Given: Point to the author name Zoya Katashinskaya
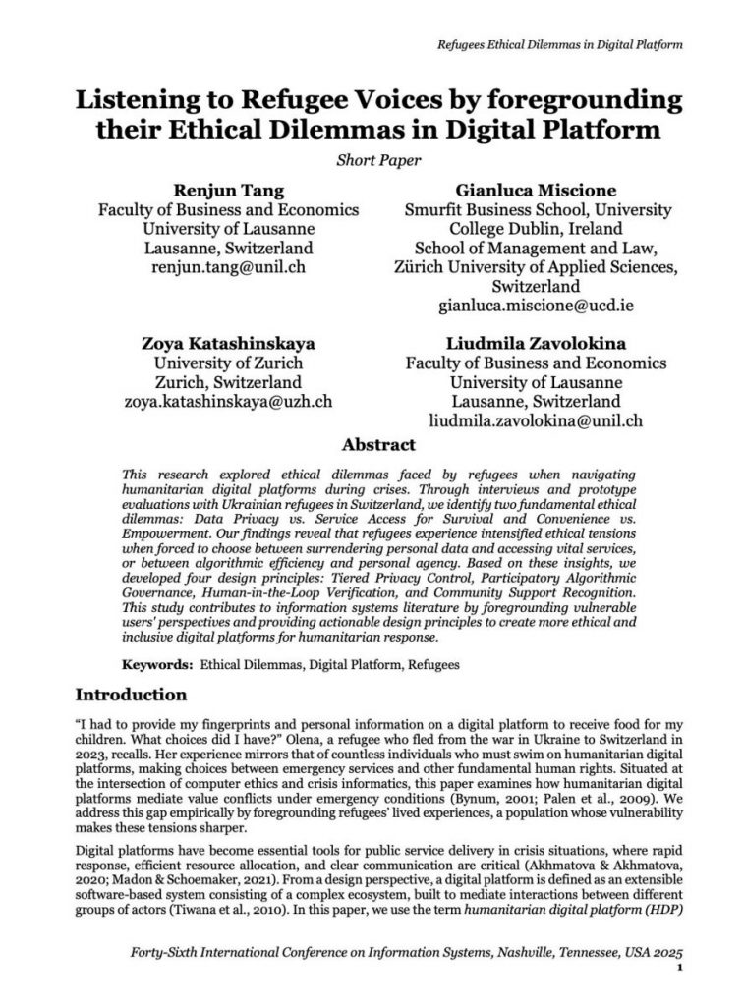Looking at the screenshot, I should [227, 345].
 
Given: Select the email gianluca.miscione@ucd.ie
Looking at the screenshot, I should [537, 306].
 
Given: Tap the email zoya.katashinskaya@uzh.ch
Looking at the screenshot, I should [227, 401].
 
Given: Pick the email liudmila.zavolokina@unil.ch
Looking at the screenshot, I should [537, 420].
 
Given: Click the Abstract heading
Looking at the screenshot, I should [372, 444].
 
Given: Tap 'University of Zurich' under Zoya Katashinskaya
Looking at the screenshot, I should [227, 363].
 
